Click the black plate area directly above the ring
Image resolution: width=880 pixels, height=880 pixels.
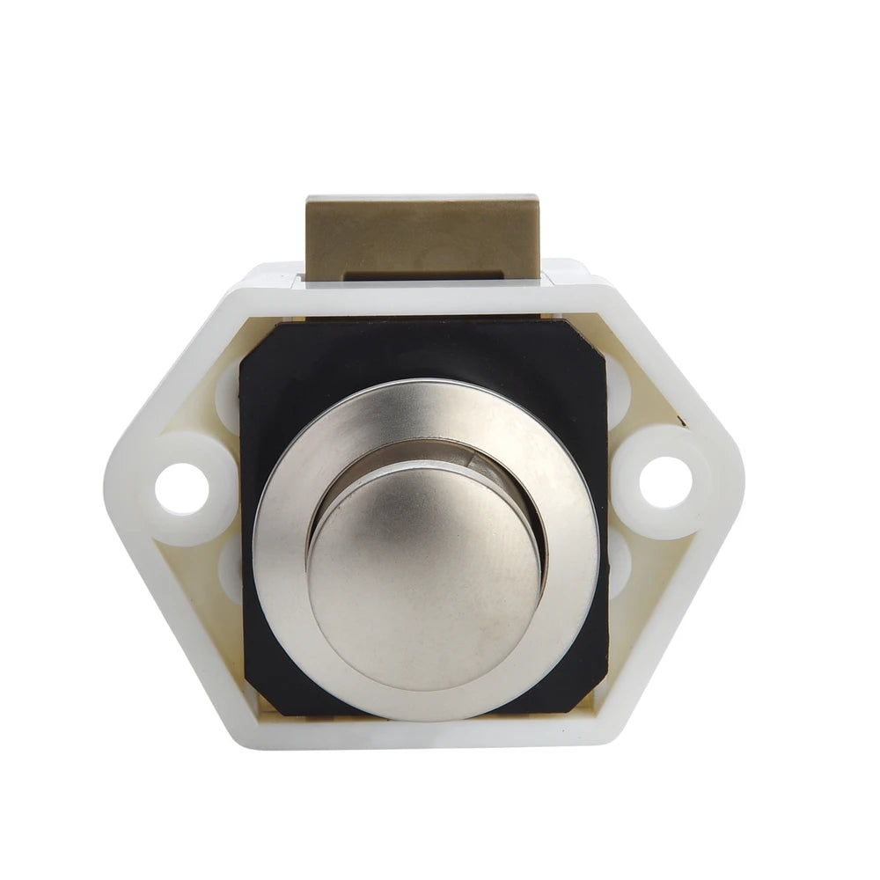(x=422, y=352)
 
